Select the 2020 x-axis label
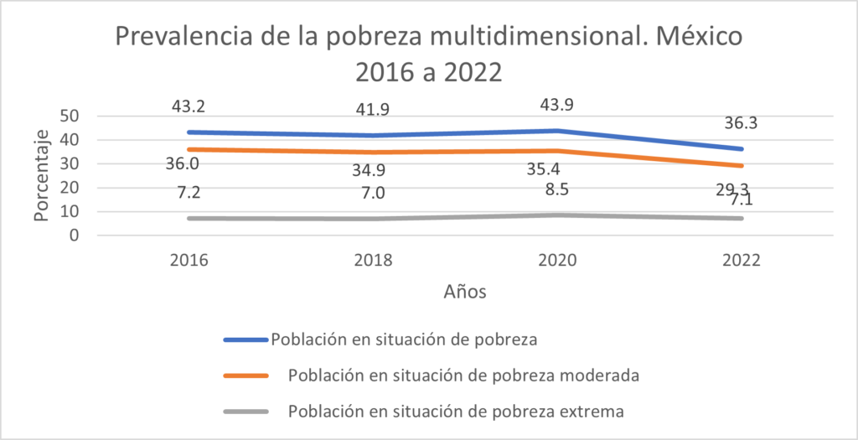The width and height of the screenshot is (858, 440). point(558,260)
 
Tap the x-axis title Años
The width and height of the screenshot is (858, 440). point(464,292)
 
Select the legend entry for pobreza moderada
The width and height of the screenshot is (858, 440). point(463,375)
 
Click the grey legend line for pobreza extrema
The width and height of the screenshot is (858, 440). point(246,412)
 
